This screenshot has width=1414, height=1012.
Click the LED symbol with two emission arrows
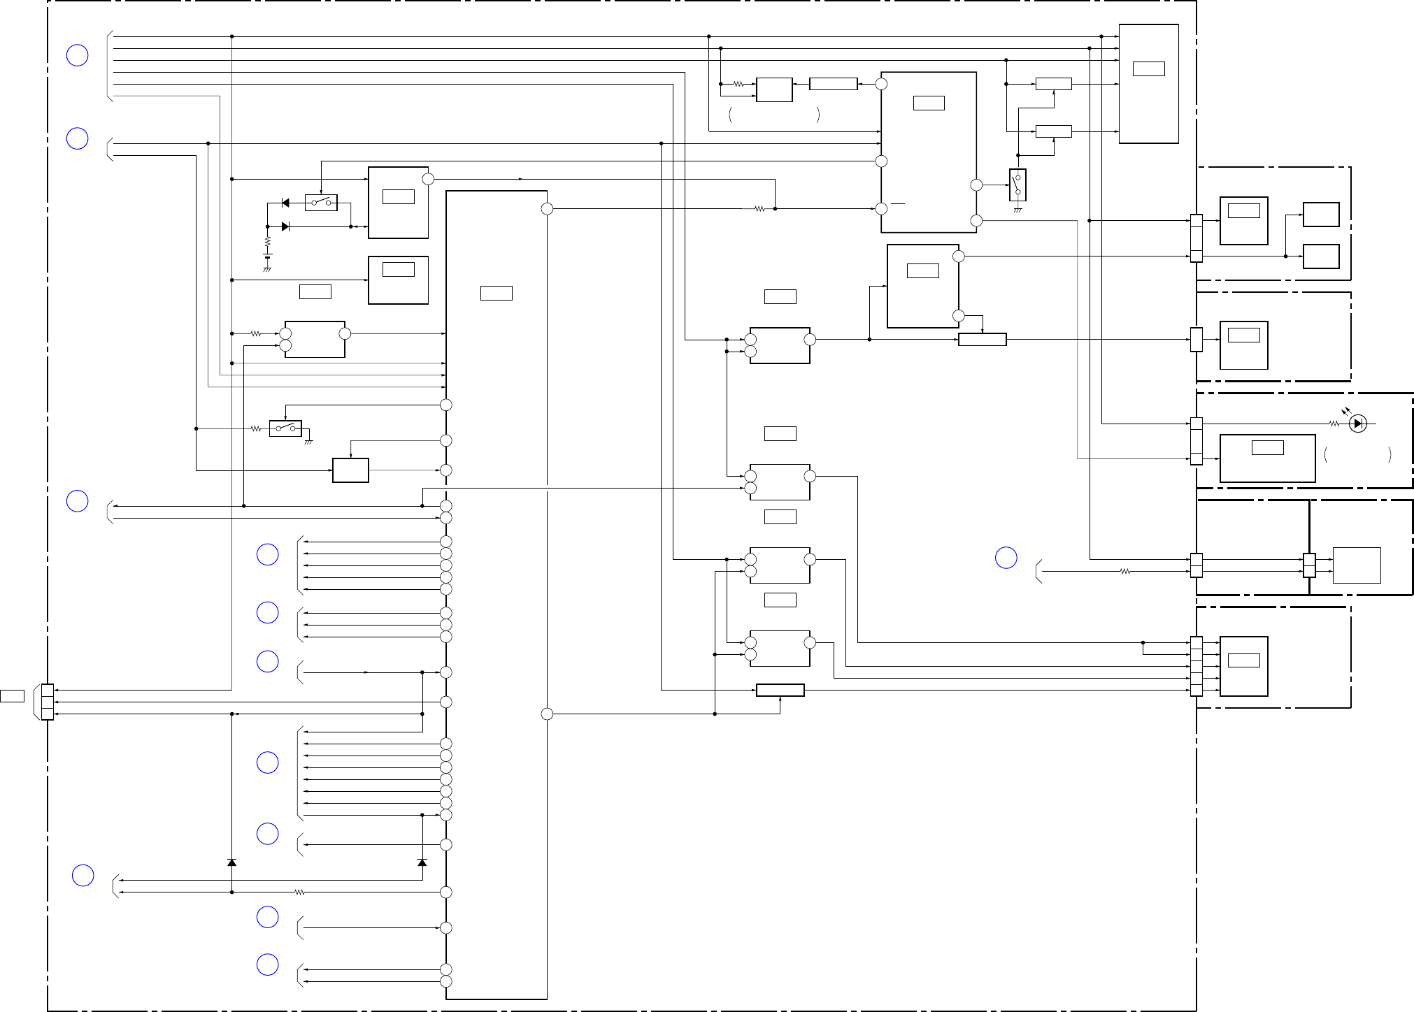click(1357, 424)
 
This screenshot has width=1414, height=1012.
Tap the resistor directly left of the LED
click(1334, 424)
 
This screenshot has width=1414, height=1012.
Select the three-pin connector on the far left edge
click(47, 702)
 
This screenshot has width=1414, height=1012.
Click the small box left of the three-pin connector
click(12, 696)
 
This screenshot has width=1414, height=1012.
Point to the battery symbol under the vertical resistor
click(267, 257)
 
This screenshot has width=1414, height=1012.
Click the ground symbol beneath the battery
click(267, 269)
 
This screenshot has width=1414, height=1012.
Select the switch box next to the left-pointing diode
click(321, 203)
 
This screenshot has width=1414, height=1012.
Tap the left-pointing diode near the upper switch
click(285, 203)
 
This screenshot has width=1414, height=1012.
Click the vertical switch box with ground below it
click(1017, 185)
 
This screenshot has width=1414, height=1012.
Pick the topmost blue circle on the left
click(77, 55)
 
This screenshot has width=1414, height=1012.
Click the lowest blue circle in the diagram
click(267, 964)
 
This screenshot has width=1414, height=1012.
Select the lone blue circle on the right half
click(1006, 557)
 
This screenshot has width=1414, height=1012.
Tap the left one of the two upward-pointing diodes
click(231, 862)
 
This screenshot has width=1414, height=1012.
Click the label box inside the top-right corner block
click(1148, 68)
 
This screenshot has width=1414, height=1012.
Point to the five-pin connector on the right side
click(1197, 667)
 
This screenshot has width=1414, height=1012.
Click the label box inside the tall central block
click(496, 293)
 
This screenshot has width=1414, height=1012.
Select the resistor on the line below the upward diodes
click(299, 892)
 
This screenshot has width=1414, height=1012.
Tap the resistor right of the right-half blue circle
click(1124, 572)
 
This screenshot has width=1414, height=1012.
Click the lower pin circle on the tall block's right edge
click(547, 714)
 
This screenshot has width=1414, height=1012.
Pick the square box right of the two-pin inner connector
click(1356, 565)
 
